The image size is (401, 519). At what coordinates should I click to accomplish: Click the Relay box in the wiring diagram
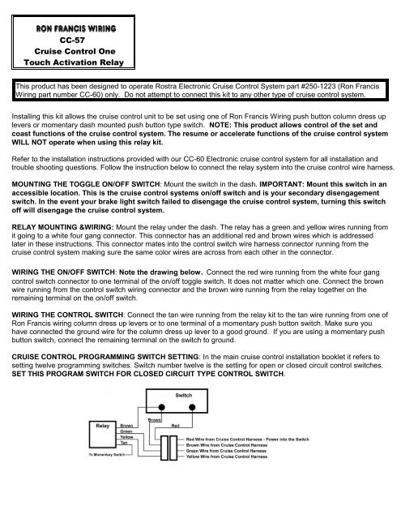pos(104,446)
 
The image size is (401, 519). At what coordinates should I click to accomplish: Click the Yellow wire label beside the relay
pos(126,461)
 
